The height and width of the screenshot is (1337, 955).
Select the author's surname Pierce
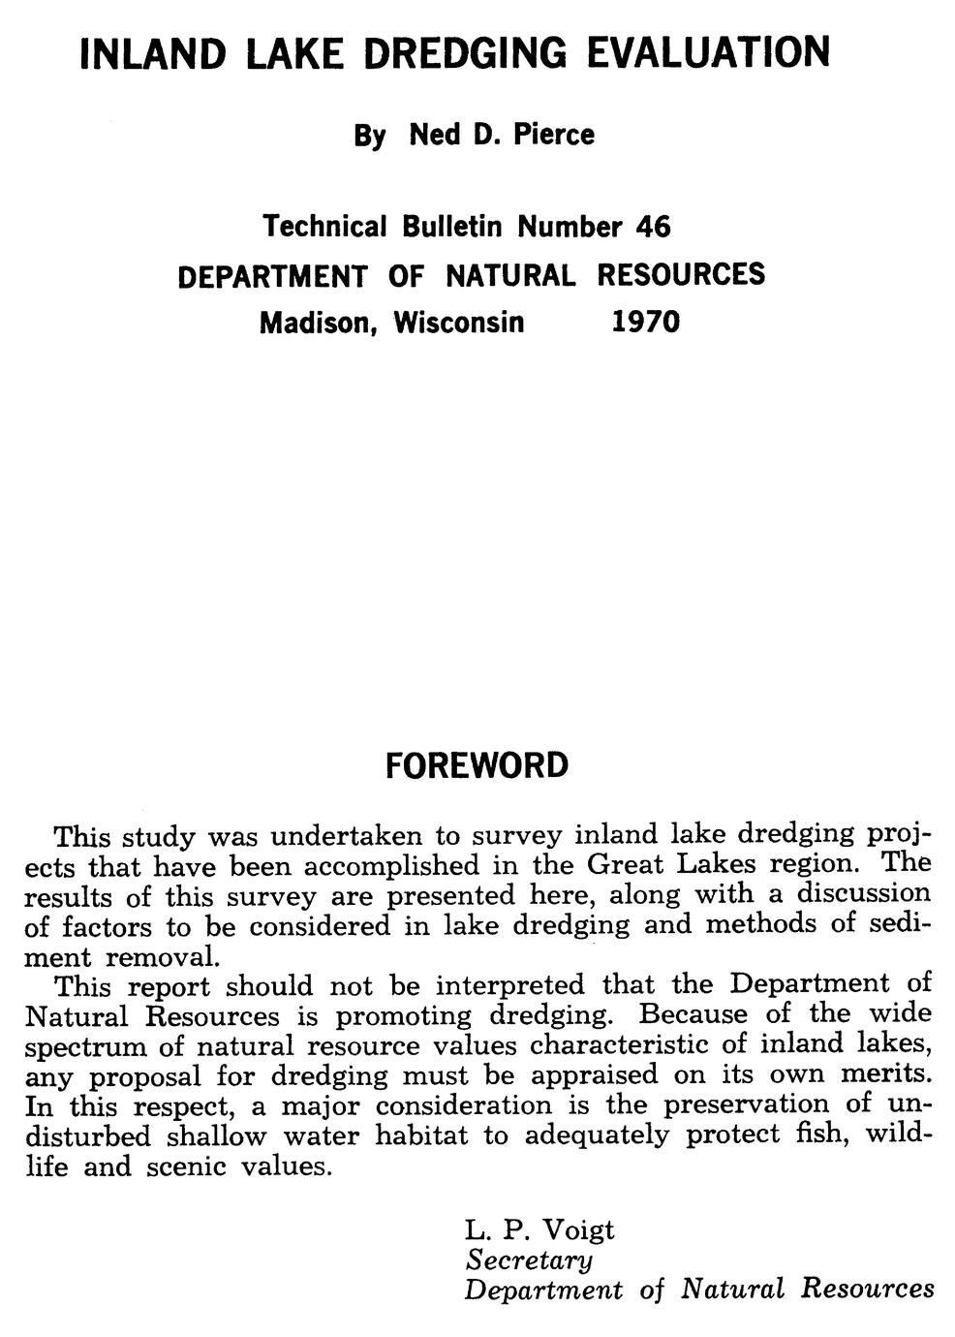tap(553, 135)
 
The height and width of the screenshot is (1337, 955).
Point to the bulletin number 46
tap(653, 227)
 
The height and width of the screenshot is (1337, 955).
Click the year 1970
tap(646, 321)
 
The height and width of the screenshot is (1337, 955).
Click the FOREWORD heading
tap(477, 765)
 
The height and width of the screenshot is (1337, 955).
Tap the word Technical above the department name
tap(324, 227)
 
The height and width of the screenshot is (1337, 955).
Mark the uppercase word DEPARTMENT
tap(272, 277)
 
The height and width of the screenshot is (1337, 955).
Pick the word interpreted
tap(509, 986)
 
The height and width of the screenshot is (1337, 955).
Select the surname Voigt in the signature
tap(577, 1230)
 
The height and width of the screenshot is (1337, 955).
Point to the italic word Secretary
tap(529, 1260)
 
